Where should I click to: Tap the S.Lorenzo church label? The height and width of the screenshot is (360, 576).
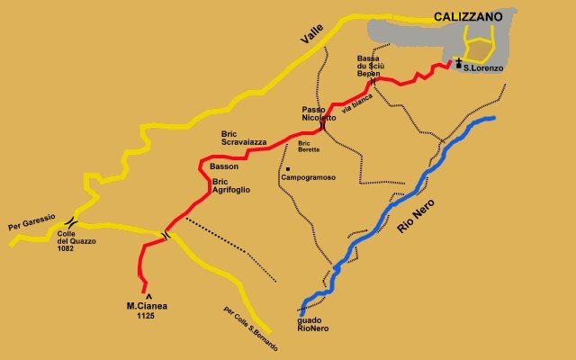click(481, 66)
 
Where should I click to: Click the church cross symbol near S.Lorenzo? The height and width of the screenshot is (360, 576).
click(458, 63)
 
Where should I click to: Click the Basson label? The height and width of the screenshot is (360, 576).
click(224, 167)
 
